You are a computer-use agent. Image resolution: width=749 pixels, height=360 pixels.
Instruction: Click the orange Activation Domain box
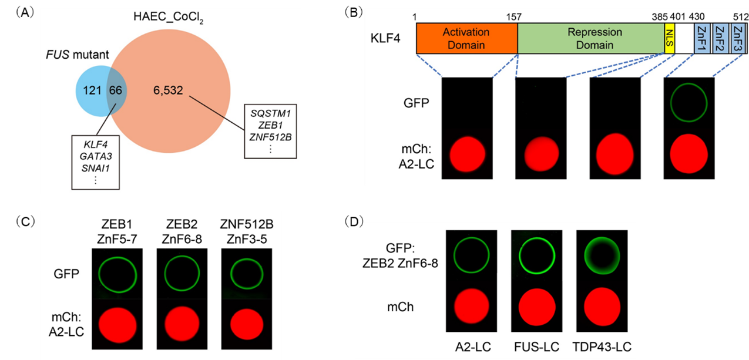pos(467,39)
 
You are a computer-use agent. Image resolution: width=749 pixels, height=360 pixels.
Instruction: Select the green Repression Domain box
pos(590,39)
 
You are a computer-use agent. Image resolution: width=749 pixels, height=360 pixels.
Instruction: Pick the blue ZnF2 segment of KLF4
pos(718,39)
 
